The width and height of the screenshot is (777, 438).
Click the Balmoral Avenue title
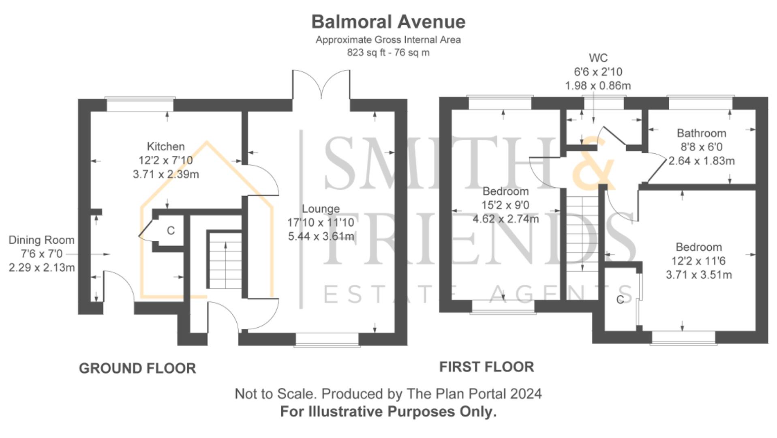388,22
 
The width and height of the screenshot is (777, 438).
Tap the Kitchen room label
165,146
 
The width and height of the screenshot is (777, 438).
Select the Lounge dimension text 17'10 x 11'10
321,223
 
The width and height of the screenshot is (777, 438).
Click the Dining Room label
41,240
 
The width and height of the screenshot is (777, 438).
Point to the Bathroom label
701,133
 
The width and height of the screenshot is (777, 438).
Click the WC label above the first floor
598,58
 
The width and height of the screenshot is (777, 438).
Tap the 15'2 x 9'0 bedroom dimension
505,205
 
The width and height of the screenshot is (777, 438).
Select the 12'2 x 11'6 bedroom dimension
699,261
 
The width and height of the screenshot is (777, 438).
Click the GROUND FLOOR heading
137,368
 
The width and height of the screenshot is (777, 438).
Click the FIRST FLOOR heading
486,367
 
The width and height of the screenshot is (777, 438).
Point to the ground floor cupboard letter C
171,231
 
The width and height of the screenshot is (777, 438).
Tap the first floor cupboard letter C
620,300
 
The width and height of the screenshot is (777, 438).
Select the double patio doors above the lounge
321,85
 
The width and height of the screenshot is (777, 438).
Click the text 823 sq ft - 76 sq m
388,53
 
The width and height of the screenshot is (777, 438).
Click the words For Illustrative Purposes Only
388,412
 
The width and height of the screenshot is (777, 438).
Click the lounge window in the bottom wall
327,339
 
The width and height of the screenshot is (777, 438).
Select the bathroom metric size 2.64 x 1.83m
701,161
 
